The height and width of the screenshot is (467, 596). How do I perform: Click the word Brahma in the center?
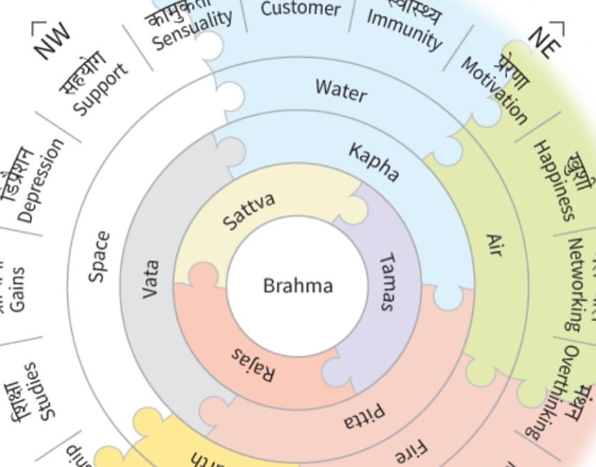point(297,286)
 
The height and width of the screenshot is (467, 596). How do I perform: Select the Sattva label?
point(248,211)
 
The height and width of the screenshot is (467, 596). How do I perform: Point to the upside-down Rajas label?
point(253,364)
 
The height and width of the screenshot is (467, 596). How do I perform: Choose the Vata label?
point(150,278)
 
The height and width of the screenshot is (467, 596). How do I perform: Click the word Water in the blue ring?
point(341,90)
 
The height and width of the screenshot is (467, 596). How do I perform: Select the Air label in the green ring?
point(494,245)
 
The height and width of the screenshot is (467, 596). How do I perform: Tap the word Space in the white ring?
point(99,257)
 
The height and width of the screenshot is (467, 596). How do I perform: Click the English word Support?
point(103,89)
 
